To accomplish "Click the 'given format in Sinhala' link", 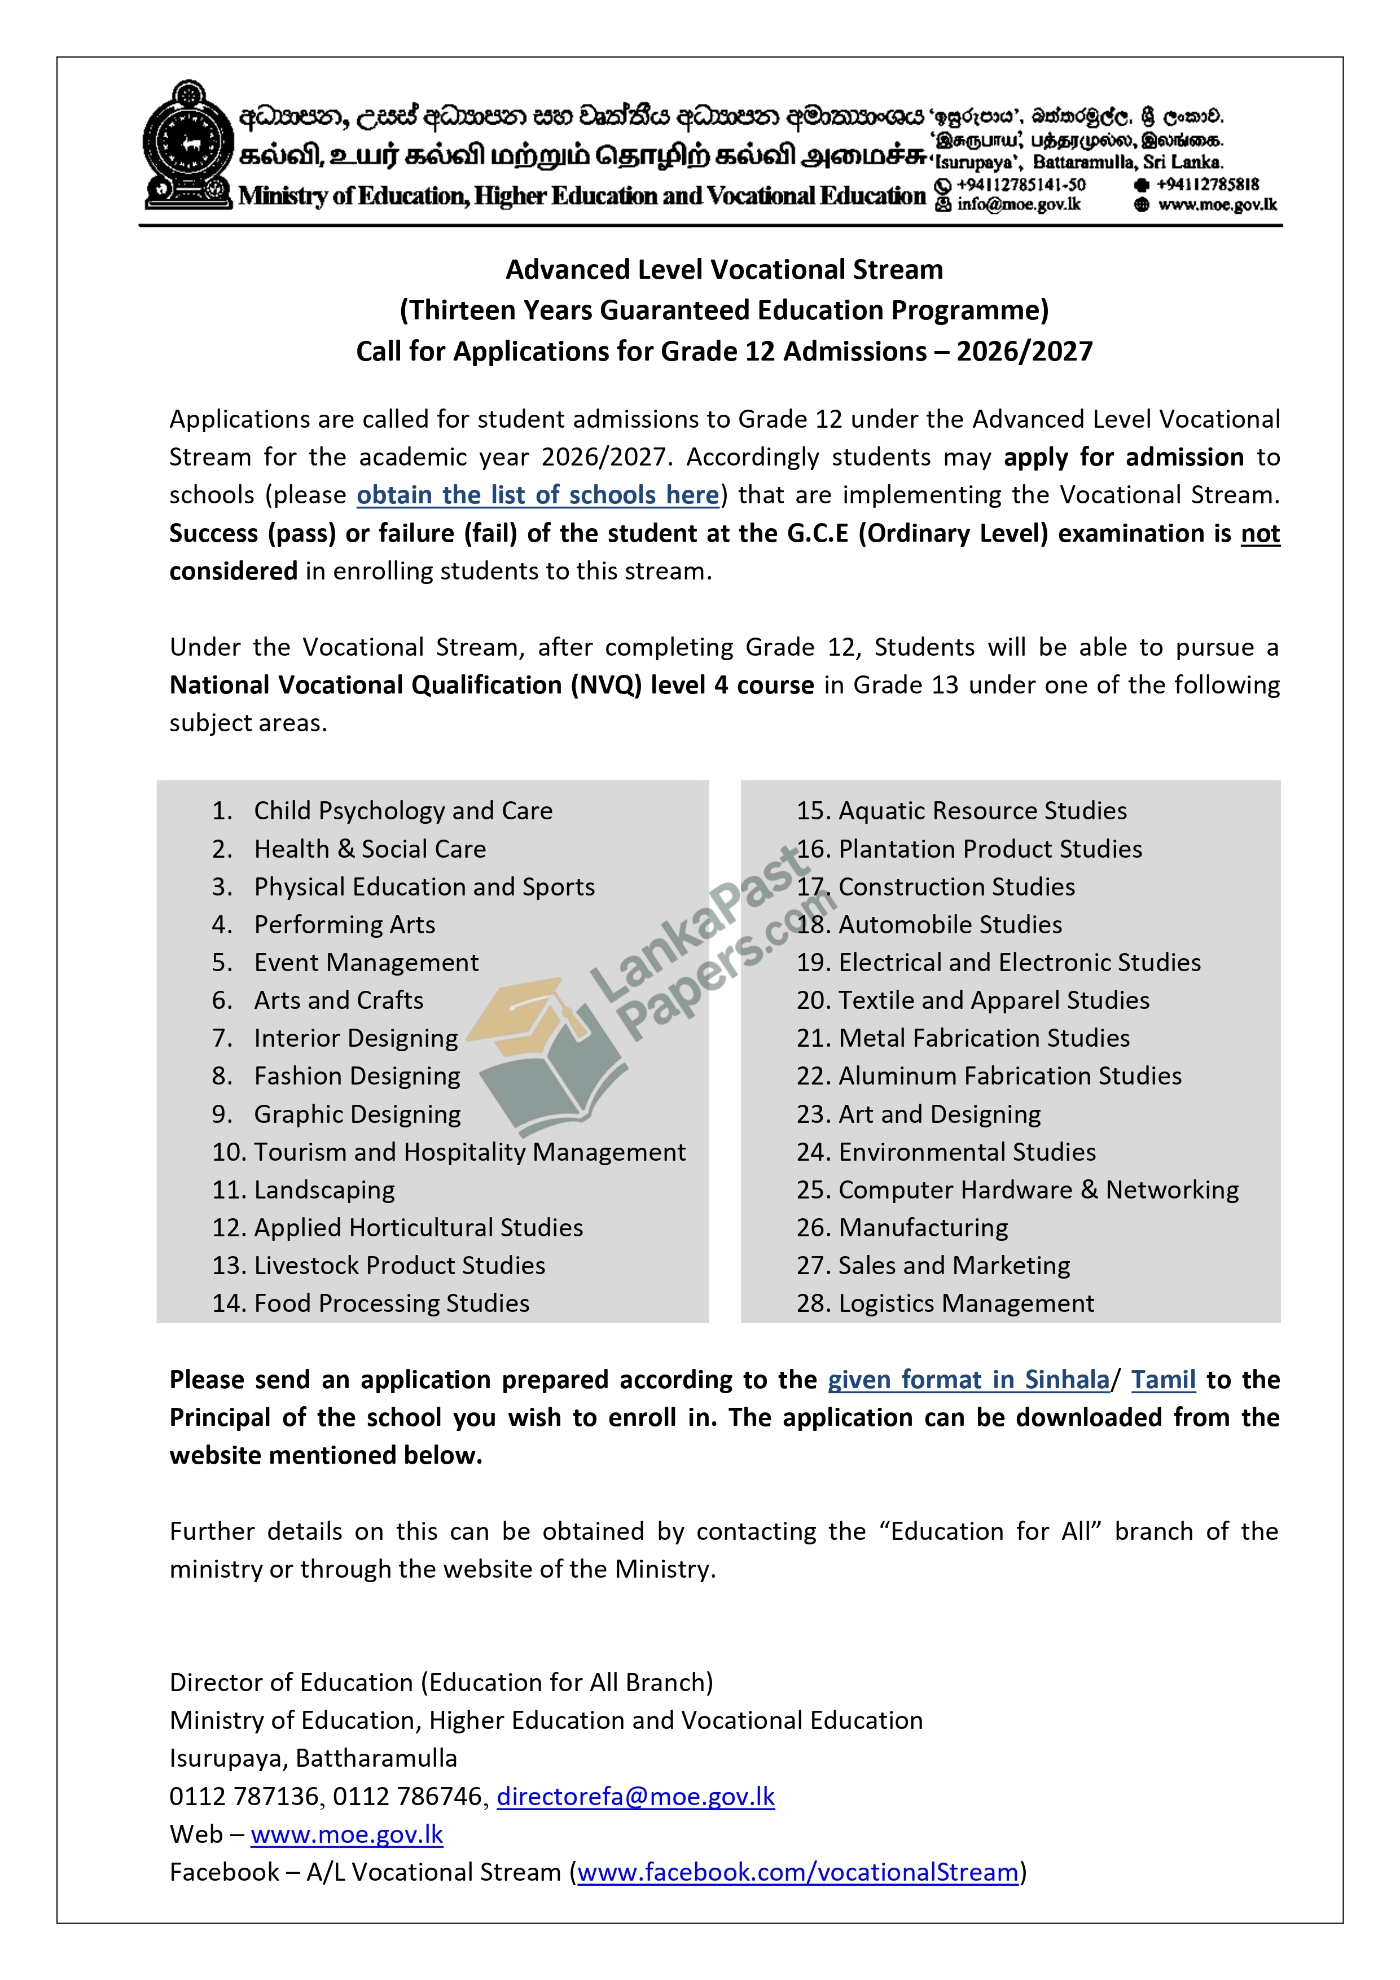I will [x=968, y=1380].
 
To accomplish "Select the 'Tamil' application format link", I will [x=1163, y=1380].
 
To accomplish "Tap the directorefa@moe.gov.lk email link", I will [x=636, y=1796].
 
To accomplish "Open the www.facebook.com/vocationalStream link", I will [x=798, y=1872].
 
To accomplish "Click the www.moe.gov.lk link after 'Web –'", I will [x=347, y=1834].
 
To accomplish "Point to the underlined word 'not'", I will [x=1259, y=534].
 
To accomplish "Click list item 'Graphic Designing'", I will [x=357, y=1114].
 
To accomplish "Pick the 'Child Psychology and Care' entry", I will [x=403, y=811].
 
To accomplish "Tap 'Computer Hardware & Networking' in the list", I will [x=1038, y=1190].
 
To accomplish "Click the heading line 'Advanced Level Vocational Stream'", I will [x=724, y=270].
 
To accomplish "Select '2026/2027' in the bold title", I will [x=1024, y=352].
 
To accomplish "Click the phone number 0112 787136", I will [x=244, y=1796].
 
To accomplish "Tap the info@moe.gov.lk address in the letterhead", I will [x=1018, y=204].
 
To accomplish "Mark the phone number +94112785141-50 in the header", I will [x=1020, y=185].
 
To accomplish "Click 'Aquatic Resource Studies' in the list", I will [x=982, y=811].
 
